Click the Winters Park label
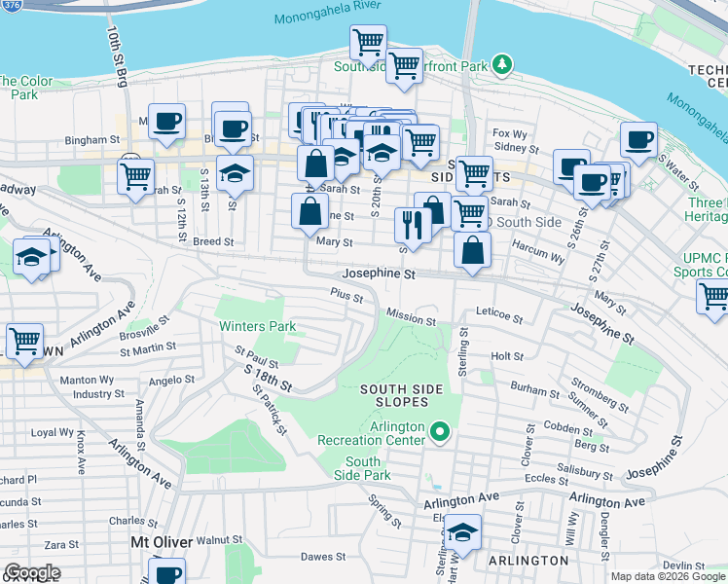[x=257, y=326]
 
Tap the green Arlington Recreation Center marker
[x=439, y=429]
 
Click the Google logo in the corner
[x=31, y=572]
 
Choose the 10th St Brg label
[x=116, y=58]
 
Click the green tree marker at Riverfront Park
[x=502, y=65]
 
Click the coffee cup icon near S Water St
[x=638, y=139]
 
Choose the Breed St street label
[x=213, y=241]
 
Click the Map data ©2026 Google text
[x=668, y=576]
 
